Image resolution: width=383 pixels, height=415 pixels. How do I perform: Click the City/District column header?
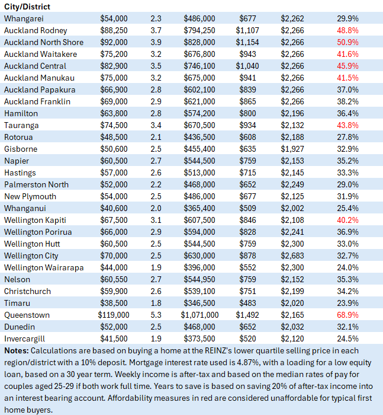tap(27, 7)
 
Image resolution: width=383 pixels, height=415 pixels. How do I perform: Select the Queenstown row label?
tap(27, 315)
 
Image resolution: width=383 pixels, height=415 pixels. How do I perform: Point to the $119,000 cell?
tap(113, 315)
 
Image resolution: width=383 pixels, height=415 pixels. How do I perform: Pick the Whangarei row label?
tap(24, 18)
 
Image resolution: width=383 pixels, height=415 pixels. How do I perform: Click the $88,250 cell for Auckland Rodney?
tap(114, 30)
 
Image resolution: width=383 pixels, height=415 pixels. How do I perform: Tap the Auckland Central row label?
tap(35, 66)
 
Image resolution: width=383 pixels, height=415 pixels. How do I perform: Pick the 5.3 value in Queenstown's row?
tap(152, 315)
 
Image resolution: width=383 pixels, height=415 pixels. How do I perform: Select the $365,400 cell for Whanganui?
tap(199, 208)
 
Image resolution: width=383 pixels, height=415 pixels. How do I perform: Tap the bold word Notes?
tap(15, 350)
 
